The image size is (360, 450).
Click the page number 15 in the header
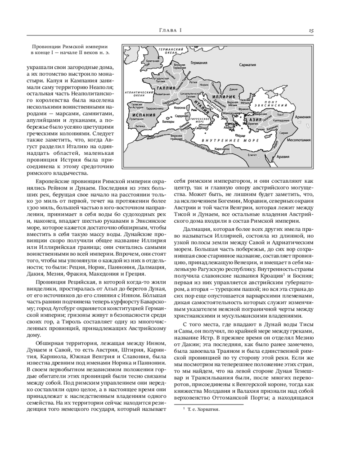tap(311, 30)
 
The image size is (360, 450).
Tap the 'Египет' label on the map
tap(252, 155)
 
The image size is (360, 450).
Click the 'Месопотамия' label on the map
tap(299, 139)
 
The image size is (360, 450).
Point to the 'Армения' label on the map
tap(302, 117)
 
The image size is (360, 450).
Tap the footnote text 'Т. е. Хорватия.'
tap(203, 410)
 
